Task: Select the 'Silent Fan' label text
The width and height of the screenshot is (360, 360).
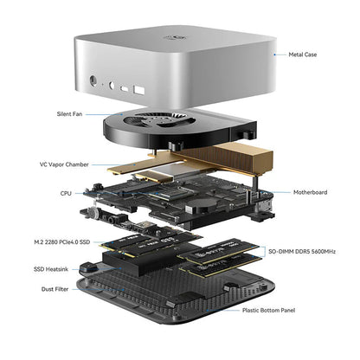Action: tap(69, 113)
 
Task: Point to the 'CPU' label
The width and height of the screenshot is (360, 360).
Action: tap(66, 195)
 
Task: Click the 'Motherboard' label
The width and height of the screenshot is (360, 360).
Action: tap(310, 193)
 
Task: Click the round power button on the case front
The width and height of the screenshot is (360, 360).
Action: tap(93, 83)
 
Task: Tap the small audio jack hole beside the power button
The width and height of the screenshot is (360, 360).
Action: tap(112, 86)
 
